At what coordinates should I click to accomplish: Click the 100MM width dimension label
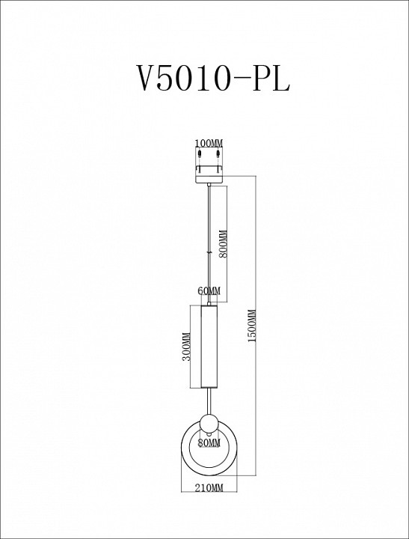pos(209,142)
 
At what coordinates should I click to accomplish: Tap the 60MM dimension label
pos(209,290)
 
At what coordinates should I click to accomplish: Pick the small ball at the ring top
pos(209,421)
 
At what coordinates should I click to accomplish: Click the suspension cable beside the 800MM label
pos(209,240)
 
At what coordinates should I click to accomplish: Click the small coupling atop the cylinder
pos(209,301)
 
